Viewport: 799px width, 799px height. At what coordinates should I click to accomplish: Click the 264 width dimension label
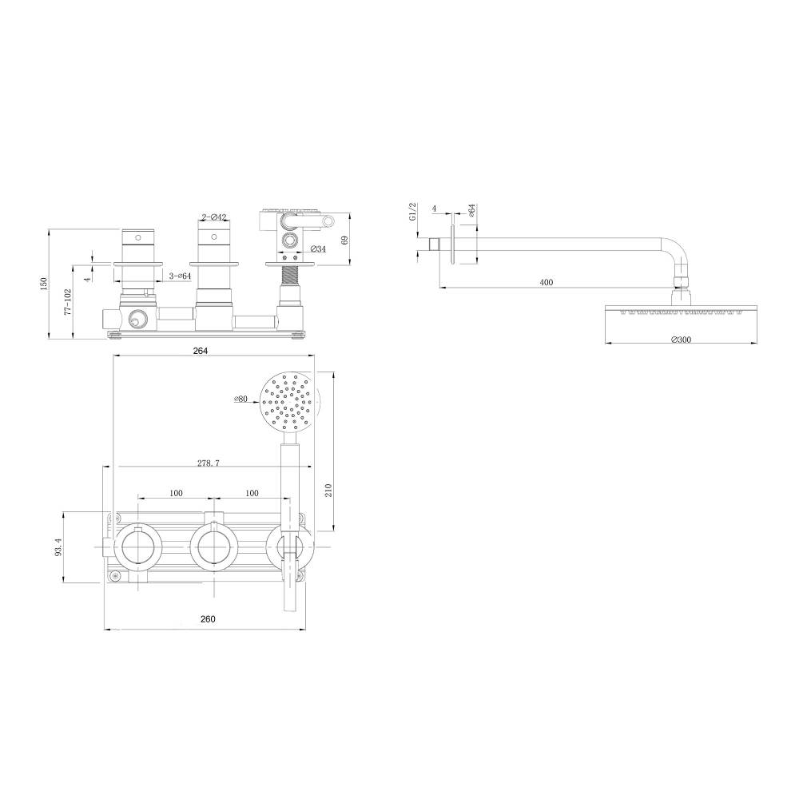[x=201, y=351]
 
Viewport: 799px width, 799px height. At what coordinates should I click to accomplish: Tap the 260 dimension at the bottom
[x=208, y=619]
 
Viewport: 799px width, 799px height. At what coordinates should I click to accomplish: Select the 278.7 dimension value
[x=209, y=463]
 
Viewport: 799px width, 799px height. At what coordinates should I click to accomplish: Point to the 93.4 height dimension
[x=58, y=547]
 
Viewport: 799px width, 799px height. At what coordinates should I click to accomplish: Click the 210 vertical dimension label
[x=328, y=491]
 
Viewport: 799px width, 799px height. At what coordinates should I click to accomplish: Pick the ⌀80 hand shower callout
[x=240, y=399]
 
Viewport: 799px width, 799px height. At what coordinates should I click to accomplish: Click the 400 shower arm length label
[x=547, y=282]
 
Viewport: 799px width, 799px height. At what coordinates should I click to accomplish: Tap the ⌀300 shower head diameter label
[x=682, y=340]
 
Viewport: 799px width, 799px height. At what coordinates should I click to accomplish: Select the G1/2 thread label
[x=413, y=212]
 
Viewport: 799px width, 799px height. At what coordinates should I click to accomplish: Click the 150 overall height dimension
[x=44, y=284]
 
